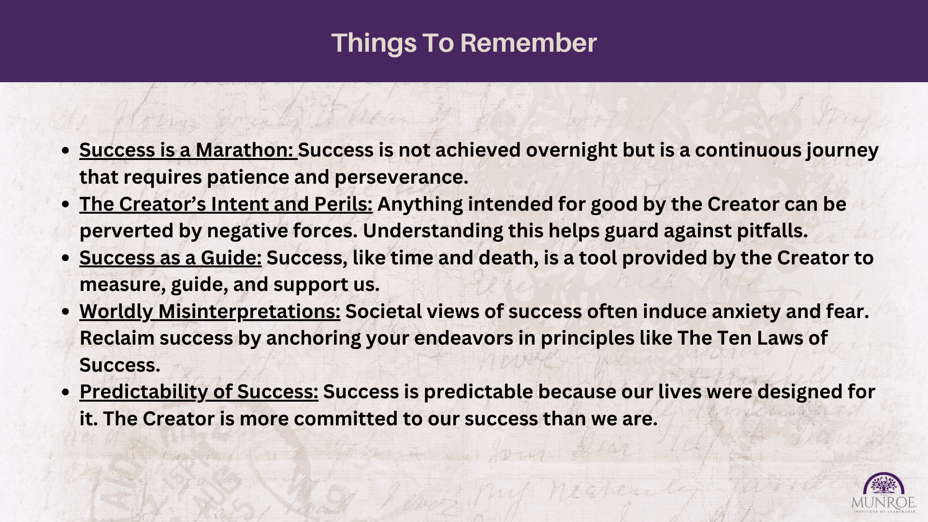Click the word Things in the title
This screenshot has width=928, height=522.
point(374,43)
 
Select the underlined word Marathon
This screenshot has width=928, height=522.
point(246,150)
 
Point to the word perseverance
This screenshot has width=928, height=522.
point(401,178)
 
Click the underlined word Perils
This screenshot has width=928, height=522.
point(343,204)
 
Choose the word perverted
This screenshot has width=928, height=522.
point(127,232)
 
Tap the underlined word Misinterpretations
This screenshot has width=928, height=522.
point(249,312)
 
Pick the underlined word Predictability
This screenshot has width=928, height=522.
point(144,392)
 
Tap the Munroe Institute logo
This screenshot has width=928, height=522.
point(884,493)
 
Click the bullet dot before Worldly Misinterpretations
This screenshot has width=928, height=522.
point(66,312)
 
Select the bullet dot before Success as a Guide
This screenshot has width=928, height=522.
point(66,259)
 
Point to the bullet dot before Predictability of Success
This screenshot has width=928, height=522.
point(66,392)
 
